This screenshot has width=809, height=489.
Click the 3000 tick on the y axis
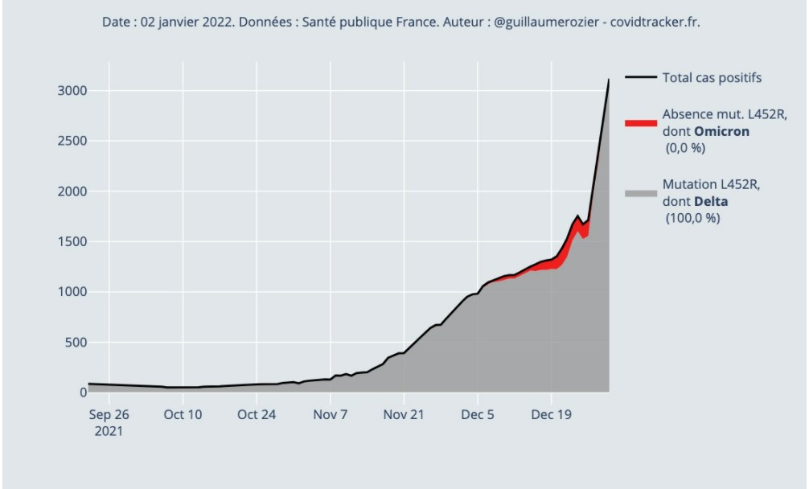tap(71, 91)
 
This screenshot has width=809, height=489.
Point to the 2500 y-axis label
tap(71, 142)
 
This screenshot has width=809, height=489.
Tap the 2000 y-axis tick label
tap(71, 191)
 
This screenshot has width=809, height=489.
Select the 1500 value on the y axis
tap(71, 242)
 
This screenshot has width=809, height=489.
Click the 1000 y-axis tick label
tap(71, 292)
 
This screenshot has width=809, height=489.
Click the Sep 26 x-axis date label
tap(109, 415)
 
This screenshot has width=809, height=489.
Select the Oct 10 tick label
tap(183, 415)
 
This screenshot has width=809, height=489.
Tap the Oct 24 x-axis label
tap(257, 415)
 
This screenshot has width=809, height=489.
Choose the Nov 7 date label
tap(331, 415)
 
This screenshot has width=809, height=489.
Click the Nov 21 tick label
tap(404, 415)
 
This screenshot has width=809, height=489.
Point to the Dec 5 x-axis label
tap(478, 415)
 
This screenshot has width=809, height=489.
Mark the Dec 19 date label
tap(552, 415)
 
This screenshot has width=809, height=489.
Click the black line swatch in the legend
tap(641, 78)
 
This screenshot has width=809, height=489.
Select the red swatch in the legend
tap(641, 123)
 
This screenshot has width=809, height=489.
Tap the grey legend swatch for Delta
tap(641, 193)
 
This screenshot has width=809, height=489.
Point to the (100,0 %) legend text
tap(692, 218)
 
